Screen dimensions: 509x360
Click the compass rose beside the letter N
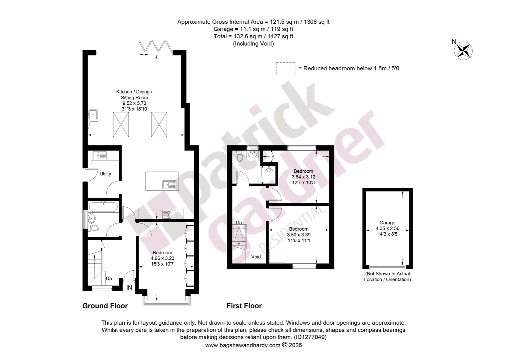coord(463,51)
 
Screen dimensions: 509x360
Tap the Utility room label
coord(105,174)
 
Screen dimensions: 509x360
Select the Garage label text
coord(387,223)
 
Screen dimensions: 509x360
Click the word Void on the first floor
coord(256,257)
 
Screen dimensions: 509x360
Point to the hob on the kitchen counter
coord(167,214)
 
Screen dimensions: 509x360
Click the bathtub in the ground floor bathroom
coord(103,207)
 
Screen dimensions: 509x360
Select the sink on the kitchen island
coord(169,185)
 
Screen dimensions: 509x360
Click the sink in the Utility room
coord(99,156)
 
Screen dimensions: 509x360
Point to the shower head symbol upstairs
coord(269,170)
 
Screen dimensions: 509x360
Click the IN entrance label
coord(129,288)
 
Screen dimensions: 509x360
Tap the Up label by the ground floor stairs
coord(109,279)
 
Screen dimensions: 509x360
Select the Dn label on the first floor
coord(239,223)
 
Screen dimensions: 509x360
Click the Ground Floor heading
coord(105,306)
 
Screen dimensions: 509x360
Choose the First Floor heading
coord(244,306)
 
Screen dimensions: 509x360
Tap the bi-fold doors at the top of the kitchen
coord(156,46)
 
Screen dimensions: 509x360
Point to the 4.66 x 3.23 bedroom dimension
coord(163,258)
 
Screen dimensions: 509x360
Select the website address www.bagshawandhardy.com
coord(243,345)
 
